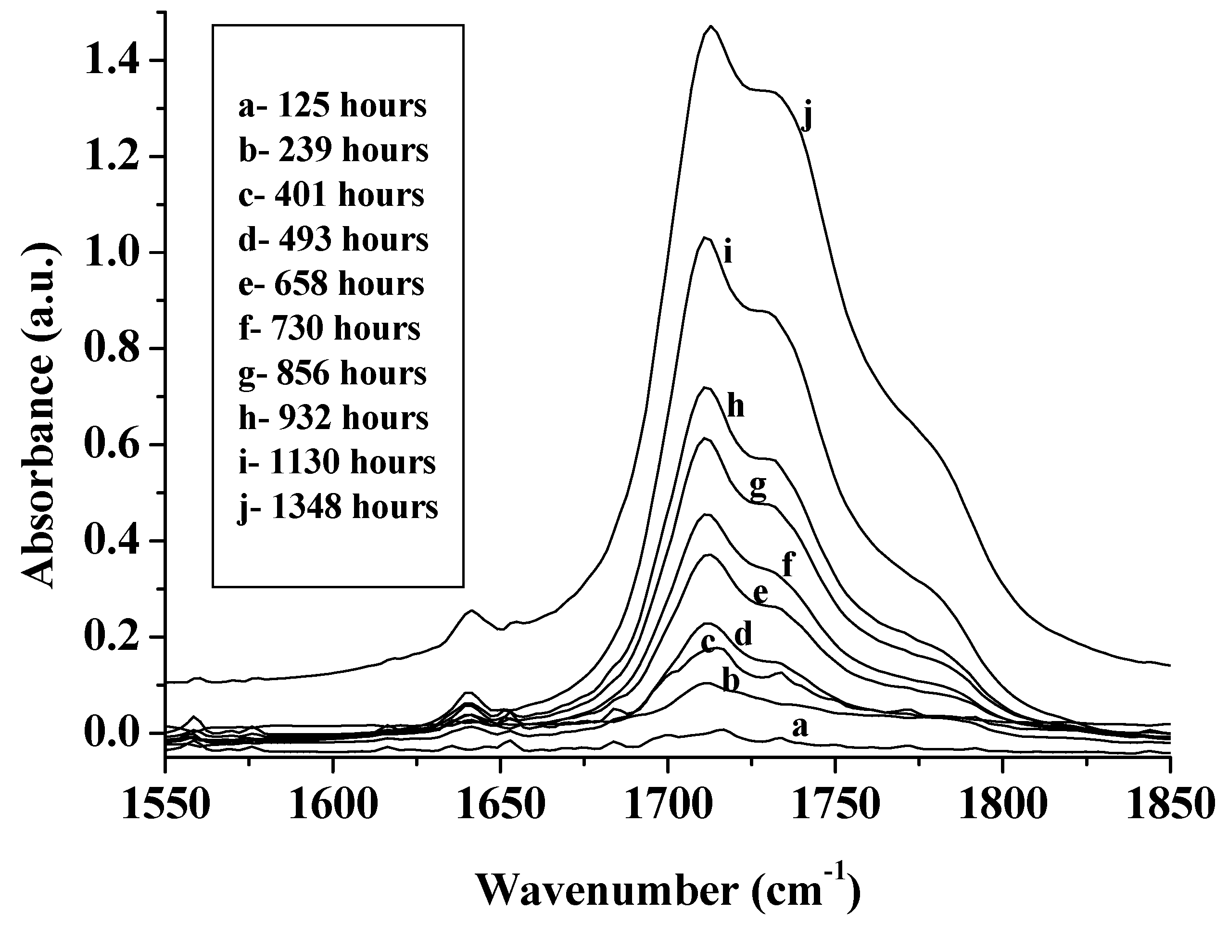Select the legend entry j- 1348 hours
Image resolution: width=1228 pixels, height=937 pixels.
point(338,508)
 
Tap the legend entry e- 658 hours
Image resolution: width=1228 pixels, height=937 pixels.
point(331,284)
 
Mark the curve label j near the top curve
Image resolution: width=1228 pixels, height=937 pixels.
point(806,116)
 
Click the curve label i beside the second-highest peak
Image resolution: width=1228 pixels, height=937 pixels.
point(727,253)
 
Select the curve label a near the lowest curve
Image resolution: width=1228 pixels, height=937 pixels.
point(800,727)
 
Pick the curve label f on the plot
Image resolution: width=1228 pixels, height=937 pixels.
point(787,564)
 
